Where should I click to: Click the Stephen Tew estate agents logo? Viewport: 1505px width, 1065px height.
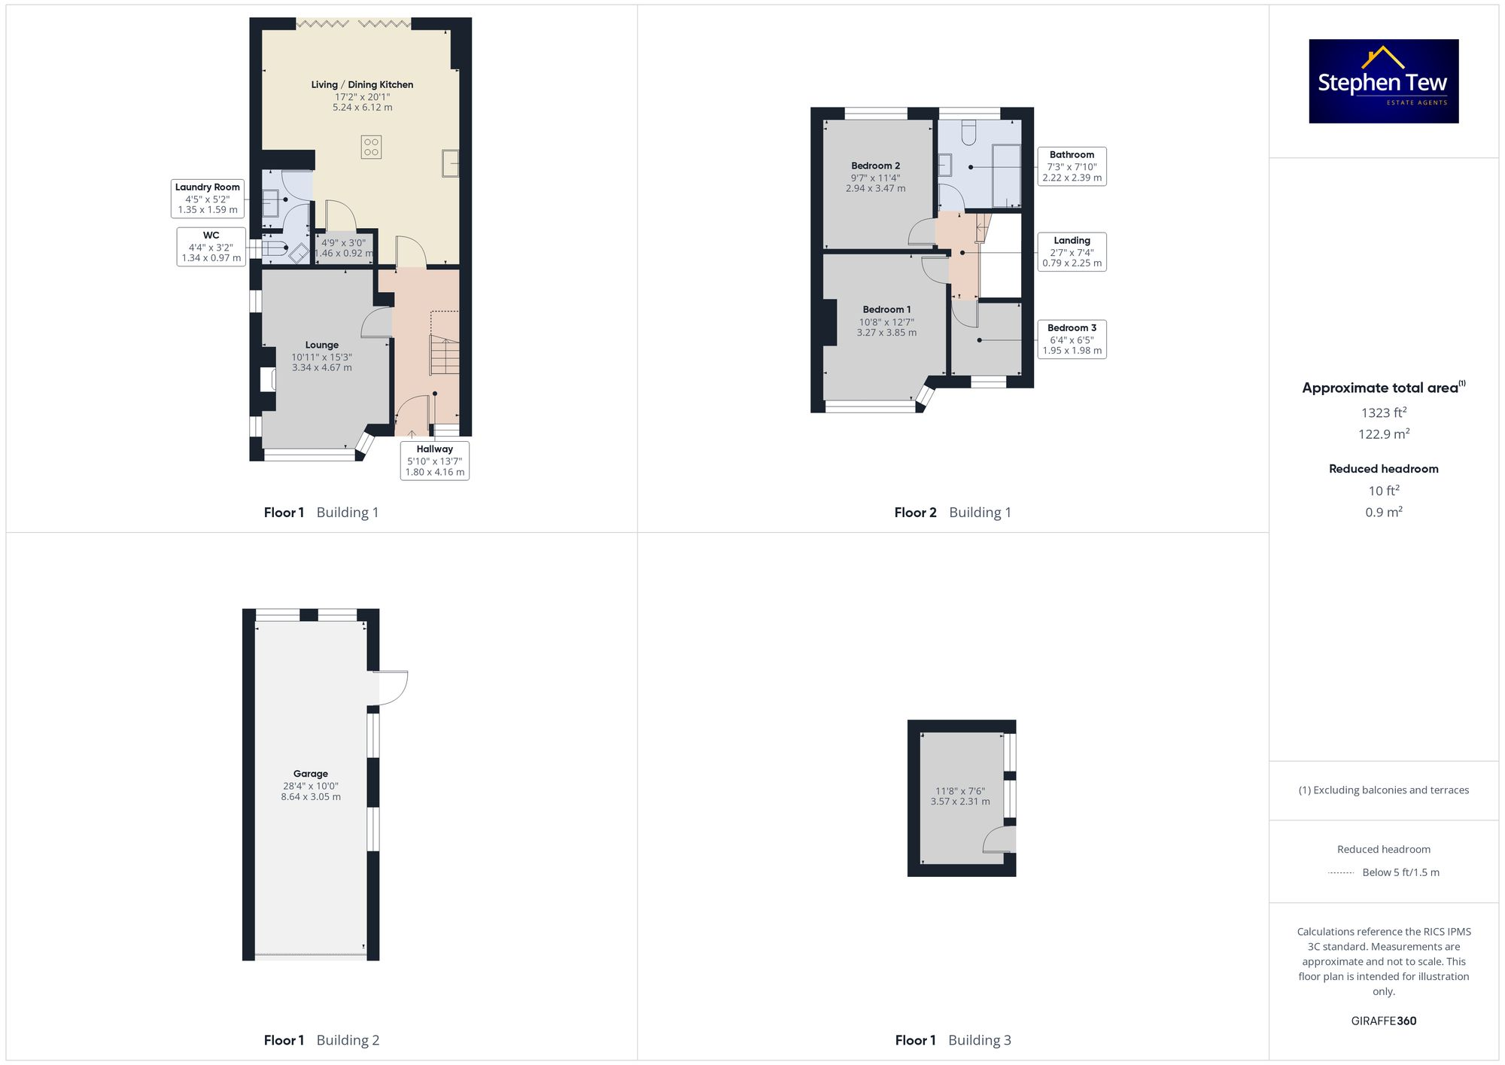click(x=1383, y=81)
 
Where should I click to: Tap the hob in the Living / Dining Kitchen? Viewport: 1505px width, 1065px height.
click(x=371, y=146)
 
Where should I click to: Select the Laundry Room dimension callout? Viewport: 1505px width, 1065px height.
click(x=208, y=198)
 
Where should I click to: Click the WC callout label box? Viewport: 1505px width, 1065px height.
click(x=211, y=247)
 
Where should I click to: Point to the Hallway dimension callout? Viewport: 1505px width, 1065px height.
click(x=435, y=461)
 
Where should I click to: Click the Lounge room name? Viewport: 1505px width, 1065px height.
click(x=322, y=345)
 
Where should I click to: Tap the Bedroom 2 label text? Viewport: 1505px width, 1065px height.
click(x=875, y=166)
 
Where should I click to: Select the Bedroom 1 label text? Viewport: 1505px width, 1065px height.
click(x=886, y=309)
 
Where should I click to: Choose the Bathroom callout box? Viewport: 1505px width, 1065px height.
click(x=1072, y=166)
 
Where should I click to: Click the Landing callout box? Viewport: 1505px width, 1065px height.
click(x=1072, y=252)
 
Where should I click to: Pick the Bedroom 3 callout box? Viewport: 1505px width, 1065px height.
click(x=1072, y=339)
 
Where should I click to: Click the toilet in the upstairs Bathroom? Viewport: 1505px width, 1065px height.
click(x=968, y=132)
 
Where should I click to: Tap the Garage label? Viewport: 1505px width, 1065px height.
click(x=311, y=774)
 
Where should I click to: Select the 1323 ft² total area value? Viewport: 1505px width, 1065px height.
click(x=1383, y=412)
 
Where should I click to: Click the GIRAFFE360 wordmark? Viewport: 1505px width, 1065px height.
click(x=1383, y=1021)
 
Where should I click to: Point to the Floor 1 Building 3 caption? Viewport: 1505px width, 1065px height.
click(x=953, y=1040)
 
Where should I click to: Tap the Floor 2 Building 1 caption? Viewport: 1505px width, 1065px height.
click(x=953, y=513)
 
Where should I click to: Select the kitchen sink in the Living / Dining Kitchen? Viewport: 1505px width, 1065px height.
click(x=450, y=163)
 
